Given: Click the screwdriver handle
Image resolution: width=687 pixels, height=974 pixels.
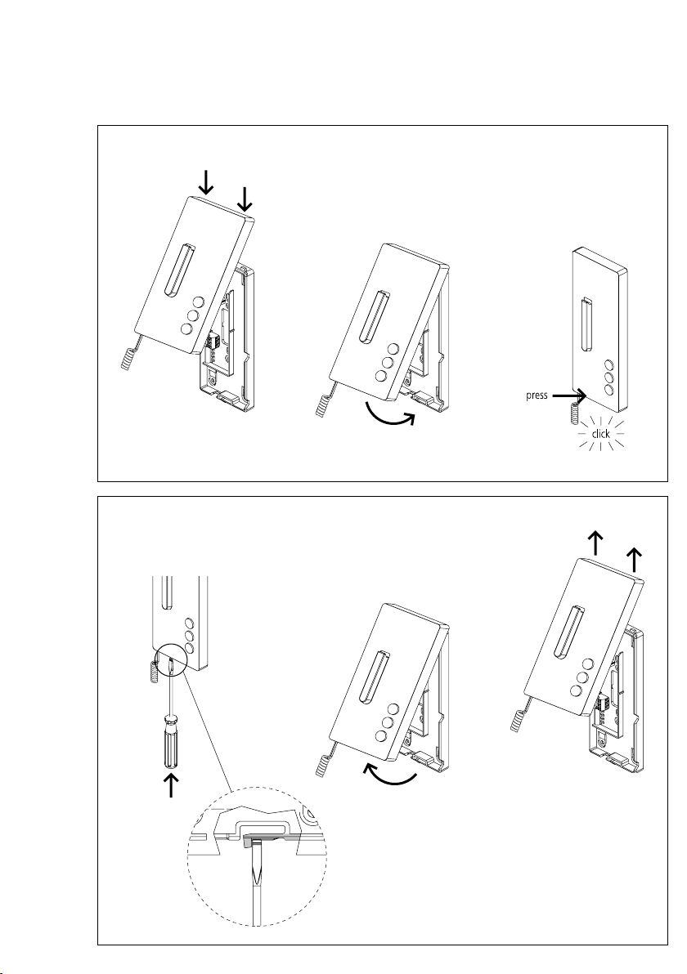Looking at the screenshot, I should [x=172, y=739].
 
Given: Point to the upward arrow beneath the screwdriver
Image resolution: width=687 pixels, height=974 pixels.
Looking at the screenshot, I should [x=171, y=786].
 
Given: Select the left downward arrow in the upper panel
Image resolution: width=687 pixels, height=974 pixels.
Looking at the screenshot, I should [x=208, y=181].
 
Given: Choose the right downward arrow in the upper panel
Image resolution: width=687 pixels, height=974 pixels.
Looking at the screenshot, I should [x=245, y=197].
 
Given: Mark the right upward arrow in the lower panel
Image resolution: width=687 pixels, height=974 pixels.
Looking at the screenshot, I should [x=634, y=559].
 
